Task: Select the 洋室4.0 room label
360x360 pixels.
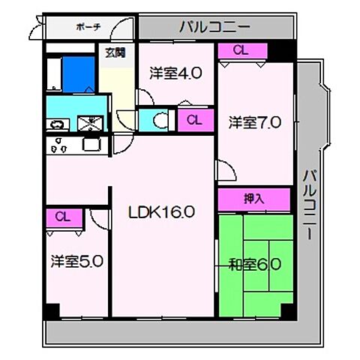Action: tap(175, 73)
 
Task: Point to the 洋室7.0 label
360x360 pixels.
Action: tap(255, 121)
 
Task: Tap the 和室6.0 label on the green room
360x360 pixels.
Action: tap(255, 264)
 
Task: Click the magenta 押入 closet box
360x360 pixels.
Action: tap(254, 199)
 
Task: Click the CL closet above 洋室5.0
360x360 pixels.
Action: tap(62, 217)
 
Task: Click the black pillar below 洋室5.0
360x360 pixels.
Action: tap(51, 310)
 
